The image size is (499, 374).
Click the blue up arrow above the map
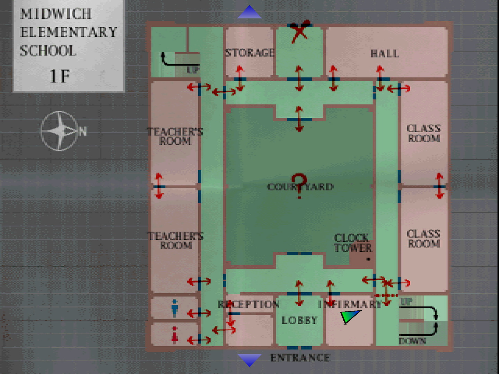click(x=249, y=12)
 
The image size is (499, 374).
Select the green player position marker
click(x=350, y=316)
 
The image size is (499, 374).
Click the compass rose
click(x=60, y=131)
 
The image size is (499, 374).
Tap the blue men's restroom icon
click(x=175, y=308)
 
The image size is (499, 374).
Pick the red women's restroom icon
click(x=175, y=335)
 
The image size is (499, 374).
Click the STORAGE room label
click(x=249, y=53)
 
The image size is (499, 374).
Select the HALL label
click(x=385, y=54)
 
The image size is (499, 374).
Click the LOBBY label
click(x=299, y=320)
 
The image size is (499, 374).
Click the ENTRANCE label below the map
click(x=300, y=358)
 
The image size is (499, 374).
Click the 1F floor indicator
click(x=60, y=76)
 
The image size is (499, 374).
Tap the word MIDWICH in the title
click(x=56, y=14)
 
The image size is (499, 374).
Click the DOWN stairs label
click(x=412, y=341)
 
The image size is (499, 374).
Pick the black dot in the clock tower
click(x=368, y=259)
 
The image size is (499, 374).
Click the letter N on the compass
click(x=83, y=132)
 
